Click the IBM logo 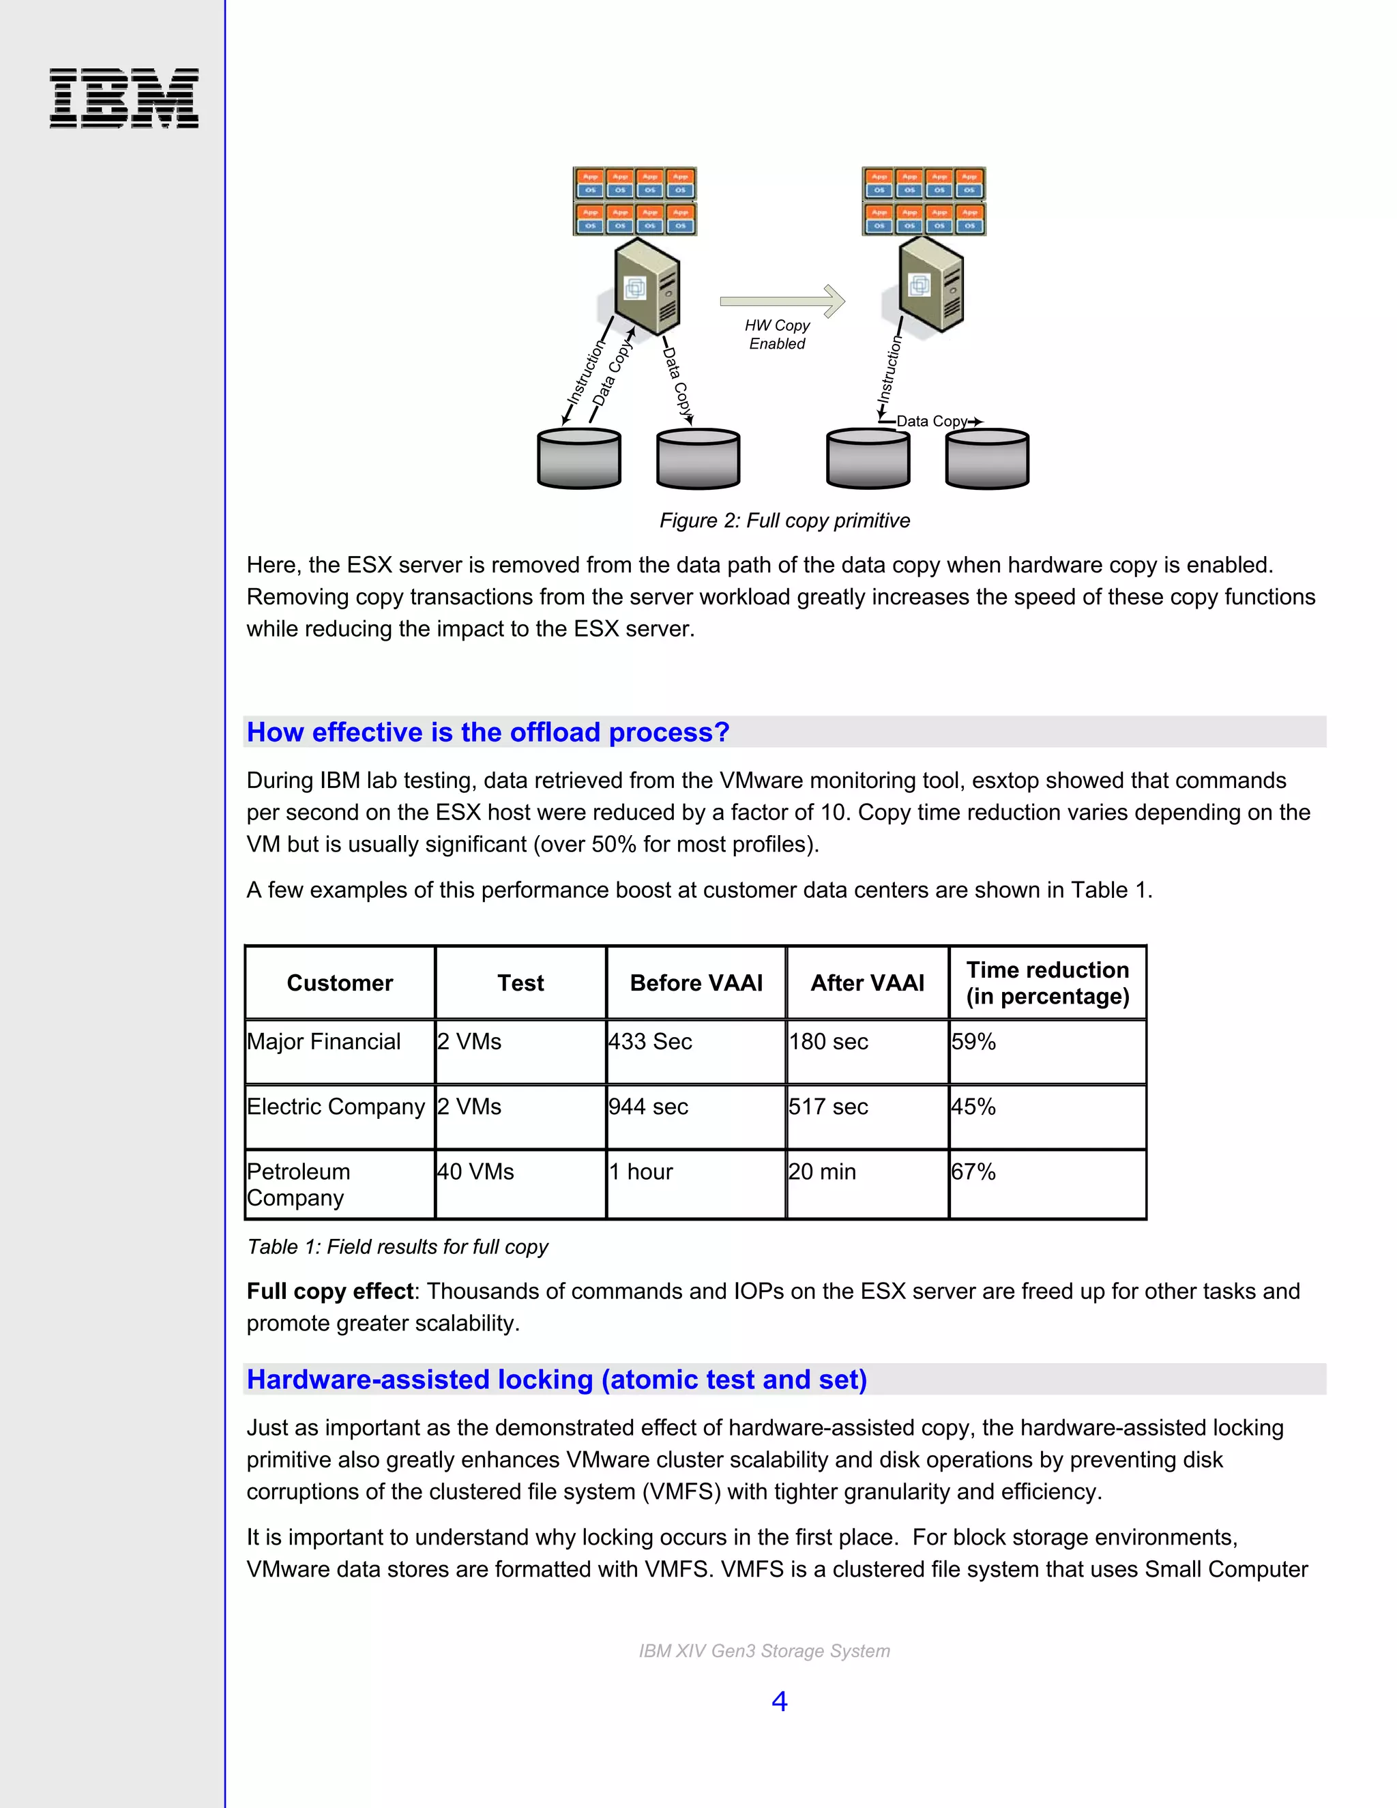(124, 98)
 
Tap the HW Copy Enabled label (776, 334)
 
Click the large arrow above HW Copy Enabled (782, 300)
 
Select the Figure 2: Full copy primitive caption (784, 521)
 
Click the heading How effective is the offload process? (488, 733)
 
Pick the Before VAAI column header (696, 982)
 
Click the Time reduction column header (1047, 982)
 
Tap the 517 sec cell (828, 1107)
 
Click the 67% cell (973, 1171)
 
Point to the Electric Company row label (336, 1107)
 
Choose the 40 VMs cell (476, 1171)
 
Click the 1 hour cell (641, 1171)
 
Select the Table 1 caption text (397, 1246)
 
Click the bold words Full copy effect (329, 1292)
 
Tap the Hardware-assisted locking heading (556, 1380)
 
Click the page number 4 (779, 1701)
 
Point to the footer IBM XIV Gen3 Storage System (764, 1650)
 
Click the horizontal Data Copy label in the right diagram (932, 422)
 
